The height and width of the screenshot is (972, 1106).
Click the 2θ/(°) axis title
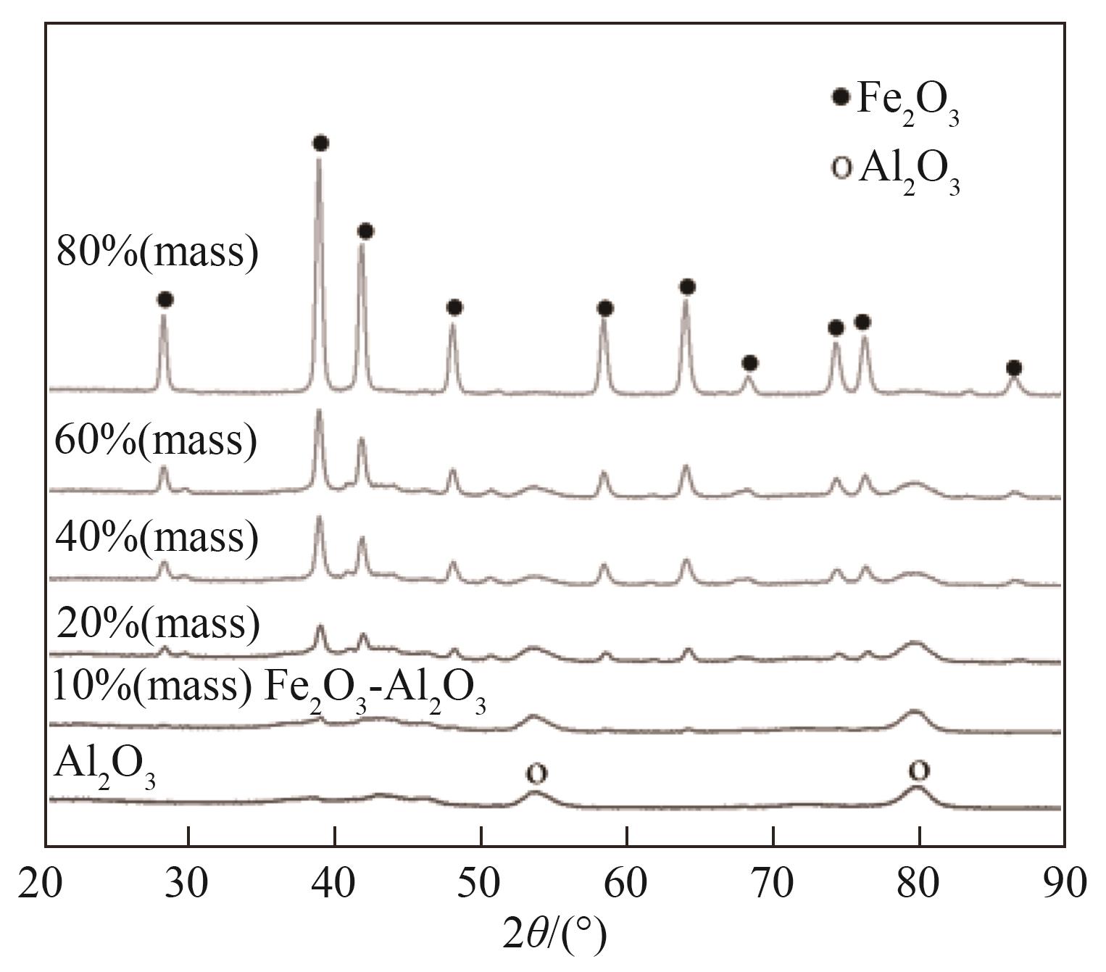[x=554, y=934]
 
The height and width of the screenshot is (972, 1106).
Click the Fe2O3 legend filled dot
[x=841, y=97]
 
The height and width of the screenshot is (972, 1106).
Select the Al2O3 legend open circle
[x=841, y=167]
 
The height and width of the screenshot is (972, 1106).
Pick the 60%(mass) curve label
[x=156, y=440]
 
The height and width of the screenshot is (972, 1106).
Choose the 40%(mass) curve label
[x=157, y=537]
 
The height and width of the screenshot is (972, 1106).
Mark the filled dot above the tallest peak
[x=320, y=143]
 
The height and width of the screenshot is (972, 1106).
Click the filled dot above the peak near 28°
[x=165, y=299]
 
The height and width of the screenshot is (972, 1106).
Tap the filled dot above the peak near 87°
[x=1014, y=368]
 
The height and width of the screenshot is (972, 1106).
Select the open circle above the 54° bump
[x=536, y=773]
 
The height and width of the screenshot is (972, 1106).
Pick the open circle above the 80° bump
[x=918, y=770]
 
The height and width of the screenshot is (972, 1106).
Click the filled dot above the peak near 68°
[x=750, y=362]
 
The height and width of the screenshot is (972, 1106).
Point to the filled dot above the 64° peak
[x=688, y=287]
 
